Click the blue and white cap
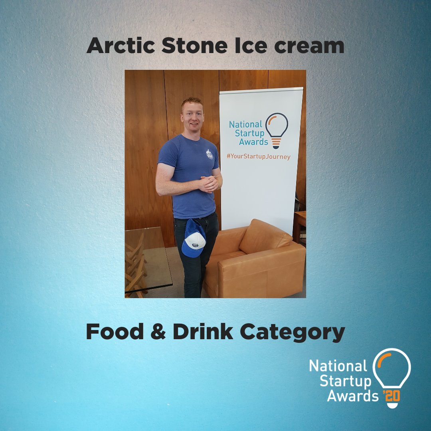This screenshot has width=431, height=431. point(194,238)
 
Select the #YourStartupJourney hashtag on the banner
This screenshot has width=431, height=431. point(258,157)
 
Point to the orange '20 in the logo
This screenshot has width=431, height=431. point(391,396)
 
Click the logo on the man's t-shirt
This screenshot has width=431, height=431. point(209,154)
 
